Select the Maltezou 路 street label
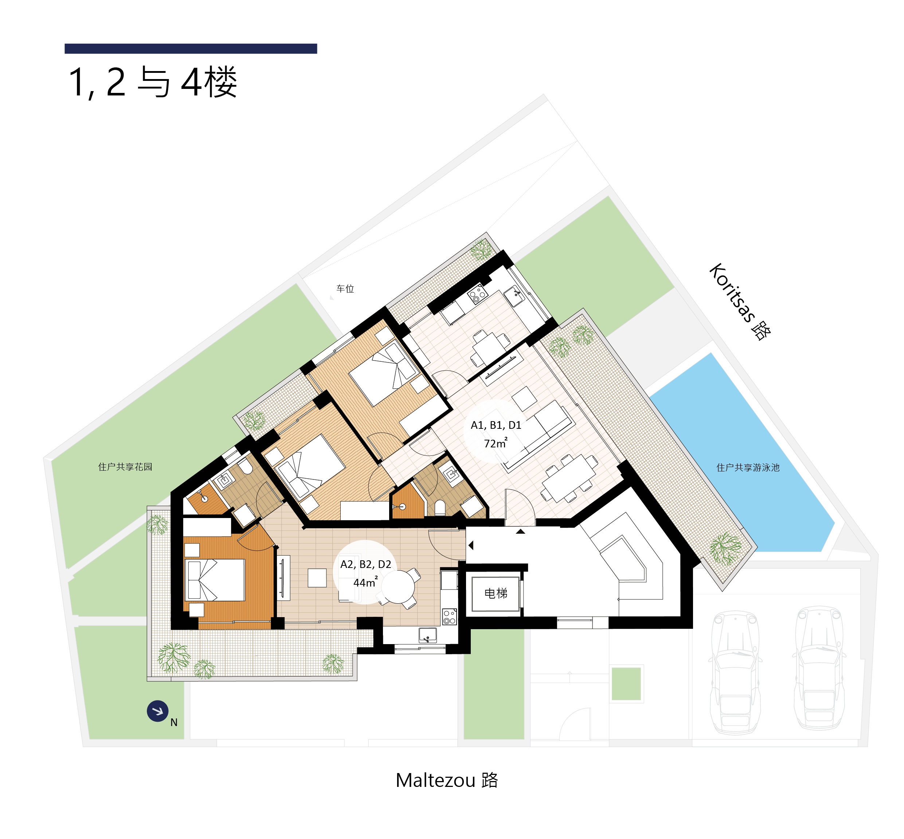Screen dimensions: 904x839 point(447,780)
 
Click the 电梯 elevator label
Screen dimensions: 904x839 point(496,593)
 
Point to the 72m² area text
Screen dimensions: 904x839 point(496,443)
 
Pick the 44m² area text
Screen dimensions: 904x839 point(365,583)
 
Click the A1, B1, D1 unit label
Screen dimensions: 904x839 point(496,426)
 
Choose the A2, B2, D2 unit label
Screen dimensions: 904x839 point(365,564)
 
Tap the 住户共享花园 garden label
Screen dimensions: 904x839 point(125,467)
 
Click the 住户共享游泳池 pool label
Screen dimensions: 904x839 point(748,468)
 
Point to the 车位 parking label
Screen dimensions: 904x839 point(345,289)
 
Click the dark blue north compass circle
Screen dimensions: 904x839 point(157,711)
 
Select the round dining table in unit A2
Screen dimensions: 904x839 point(398,587)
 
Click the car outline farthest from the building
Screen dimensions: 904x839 point(819,668)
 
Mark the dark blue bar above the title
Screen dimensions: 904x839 point(191,48)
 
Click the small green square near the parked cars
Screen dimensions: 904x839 point(626,684)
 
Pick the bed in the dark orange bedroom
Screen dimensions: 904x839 point(216,580)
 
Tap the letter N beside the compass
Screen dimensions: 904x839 point(174,722)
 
